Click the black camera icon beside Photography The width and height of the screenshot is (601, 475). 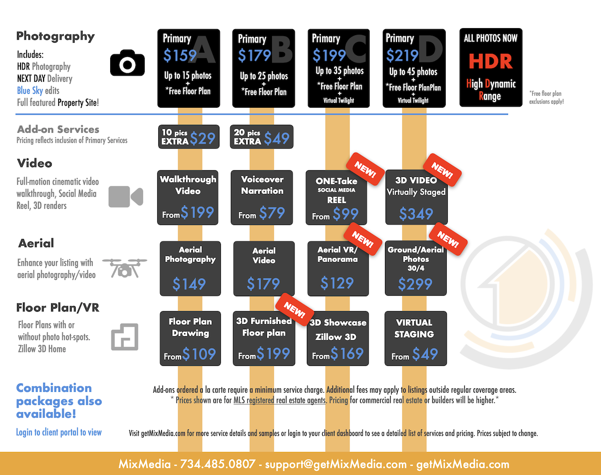(x=127, y=63)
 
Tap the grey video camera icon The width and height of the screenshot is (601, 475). (x=126, y=197)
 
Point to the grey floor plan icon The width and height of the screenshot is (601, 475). (x=124, y=336)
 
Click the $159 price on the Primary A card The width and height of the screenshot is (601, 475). (x=180, y=56)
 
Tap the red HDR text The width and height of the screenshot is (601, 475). (x=490, y=61)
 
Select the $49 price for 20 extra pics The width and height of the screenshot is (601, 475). (x=276, y=138)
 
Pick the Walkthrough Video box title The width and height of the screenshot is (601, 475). (x=188, y=185)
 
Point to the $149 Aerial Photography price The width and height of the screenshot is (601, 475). (x=189, y=284)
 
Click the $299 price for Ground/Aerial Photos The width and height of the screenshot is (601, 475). (x=415, y=284)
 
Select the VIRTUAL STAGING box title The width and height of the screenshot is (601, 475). (x=414, y=328)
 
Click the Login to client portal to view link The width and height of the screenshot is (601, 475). (x=59, y=432)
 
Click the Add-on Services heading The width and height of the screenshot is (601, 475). (x=58, y=129)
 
